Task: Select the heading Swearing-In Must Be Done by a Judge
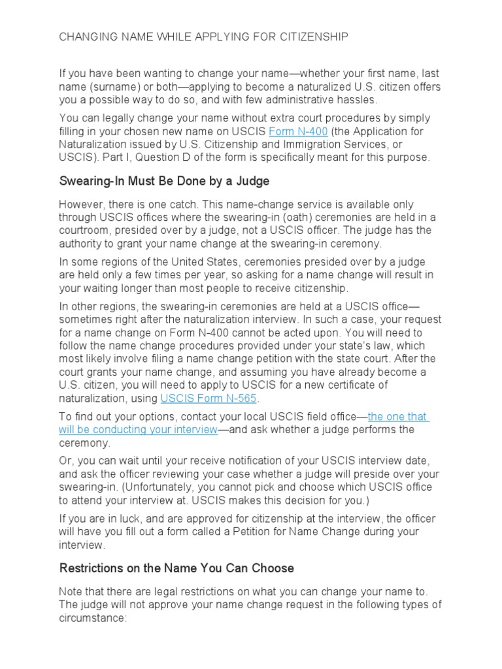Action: [164, 180]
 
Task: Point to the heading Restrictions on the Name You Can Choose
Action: [176, 567]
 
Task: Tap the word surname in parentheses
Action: [112, 87]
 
